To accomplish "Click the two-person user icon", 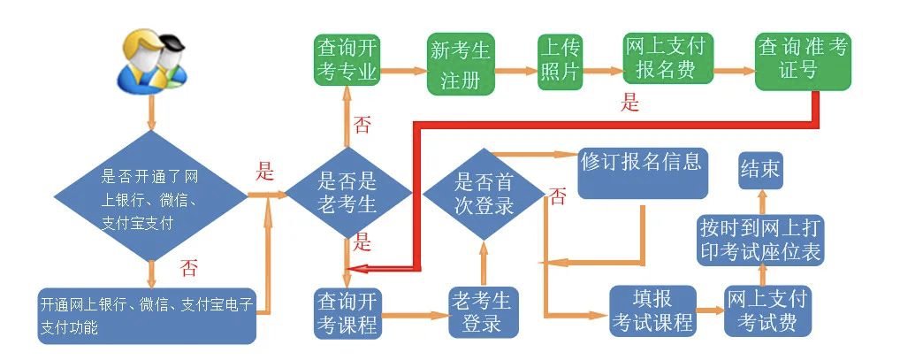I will (x=152, y=60).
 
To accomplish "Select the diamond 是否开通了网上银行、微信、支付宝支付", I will (x=151, y=195).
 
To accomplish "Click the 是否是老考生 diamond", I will (x=347, y=193).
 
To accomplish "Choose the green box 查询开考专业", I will (x=347, y=61).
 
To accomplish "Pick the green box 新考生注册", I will (x=460, y=65).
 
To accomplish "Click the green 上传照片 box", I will (x=561, y=61).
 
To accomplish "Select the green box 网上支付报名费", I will (x=668, y=61).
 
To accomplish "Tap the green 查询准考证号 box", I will (x=803, y=60).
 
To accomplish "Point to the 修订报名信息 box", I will (x=643, y=173).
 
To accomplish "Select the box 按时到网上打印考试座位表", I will (x=760, y=238).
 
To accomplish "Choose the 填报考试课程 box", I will (x=652, y=310).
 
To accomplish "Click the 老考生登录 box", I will (x=481, y=310).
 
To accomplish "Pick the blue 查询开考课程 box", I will (x=347, y=312).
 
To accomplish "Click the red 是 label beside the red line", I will (x=629, y=103).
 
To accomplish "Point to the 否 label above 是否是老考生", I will (x=362, y=125).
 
